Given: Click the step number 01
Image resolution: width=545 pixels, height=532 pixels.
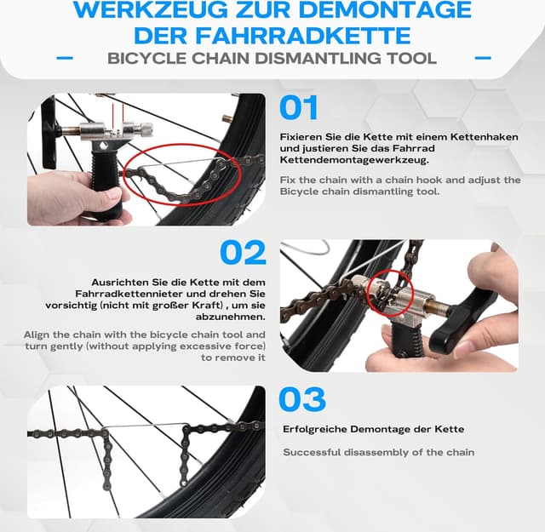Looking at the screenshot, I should pos(299,108).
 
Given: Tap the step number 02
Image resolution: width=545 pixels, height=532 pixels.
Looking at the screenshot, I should pos(244,253).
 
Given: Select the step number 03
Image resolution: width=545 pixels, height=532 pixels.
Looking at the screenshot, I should pos(302,398).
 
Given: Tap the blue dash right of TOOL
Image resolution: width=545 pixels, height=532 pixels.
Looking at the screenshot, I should pos(483,59).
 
